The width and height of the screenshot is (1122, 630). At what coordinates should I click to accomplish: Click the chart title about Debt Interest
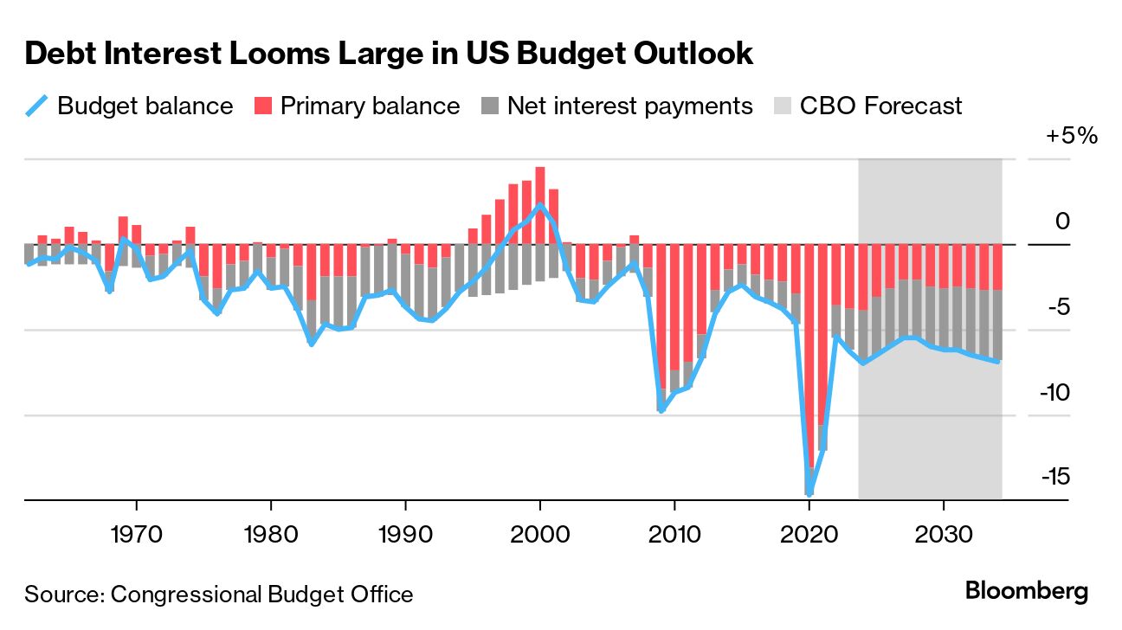[x=389, y=55]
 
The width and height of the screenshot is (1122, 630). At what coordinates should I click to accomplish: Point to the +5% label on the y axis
[x=1070, y=137]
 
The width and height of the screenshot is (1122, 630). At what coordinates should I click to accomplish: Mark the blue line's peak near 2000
[x=540, y=205]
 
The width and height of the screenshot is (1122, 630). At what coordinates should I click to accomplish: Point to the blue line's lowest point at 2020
[x=809, y=494]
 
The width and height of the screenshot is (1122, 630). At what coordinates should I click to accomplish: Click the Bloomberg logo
[x=1027, y=593]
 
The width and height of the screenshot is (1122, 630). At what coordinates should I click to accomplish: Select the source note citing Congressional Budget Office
[x=219, y=595]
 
